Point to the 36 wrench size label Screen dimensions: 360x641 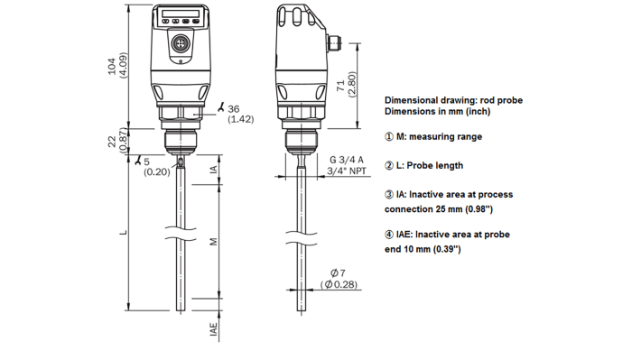pyautogui.click(x=235, y=108)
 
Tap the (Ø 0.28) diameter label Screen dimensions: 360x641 pyautogui.click(x=339, y=285)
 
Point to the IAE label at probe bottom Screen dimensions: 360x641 pyautogui.click(x=213, y=330)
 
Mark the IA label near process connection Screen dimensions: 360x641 pyautogui.click(x=213, y=169)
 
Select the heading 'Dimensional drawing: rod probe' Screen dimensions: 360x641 pyautogui.click(x=455, y=100)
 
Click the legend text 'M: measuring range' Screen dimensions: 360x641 pyautogui.click(x=433, y=136)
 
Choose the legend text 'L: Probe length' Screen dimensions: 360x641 pyautogui.click(x=424, y=165)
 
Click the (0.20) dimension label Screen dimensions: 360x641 pyautogui.click(x=157, y=172)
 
